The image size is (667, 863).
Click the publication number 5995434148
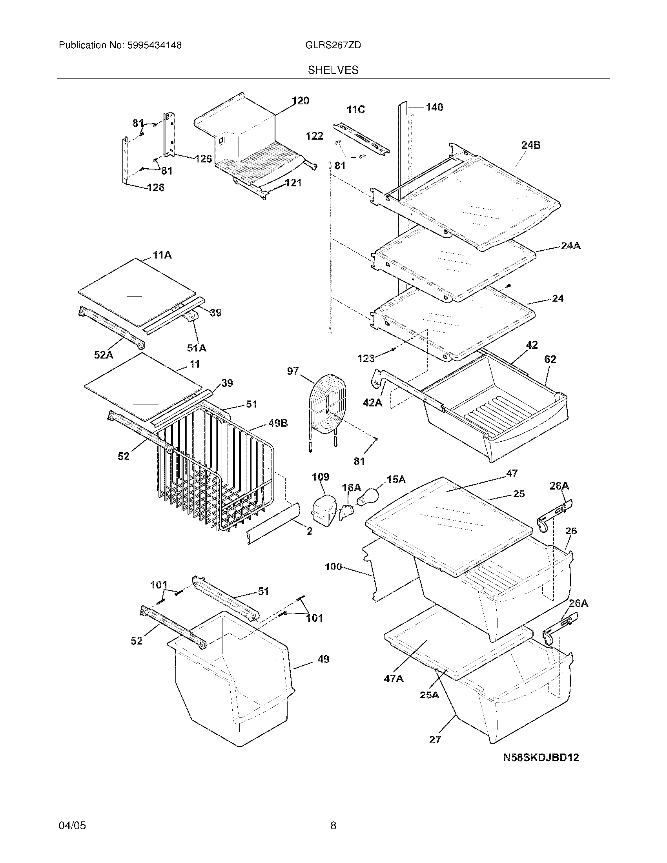(x=154, y=46)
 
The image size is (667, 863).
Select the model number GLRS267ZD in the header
(x=333, y=46)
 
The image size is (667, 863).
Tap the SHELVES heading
(x=333, y=70)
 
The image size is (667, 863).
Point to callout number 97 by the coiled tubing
(x=293, y=371)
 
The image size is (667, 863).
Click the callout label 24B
(x=531, y=145)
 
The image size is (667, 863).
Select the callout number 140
(x=434, y=107)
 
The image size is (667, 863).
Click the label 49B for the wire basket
(x=278, y=423)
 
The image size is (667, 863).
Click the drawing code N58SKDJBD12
(x=541, y=757)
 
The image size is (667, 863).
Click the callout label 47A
(x=394, y=679)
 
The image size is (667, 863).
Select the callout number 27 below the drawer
(x=435, y=739)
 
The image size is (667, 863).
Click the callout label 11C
(x=355, y=109)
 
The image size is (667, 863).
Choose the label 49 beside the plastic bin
(x=323, y=659)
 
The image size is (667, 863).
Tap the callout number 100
(x=333, y=567)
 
